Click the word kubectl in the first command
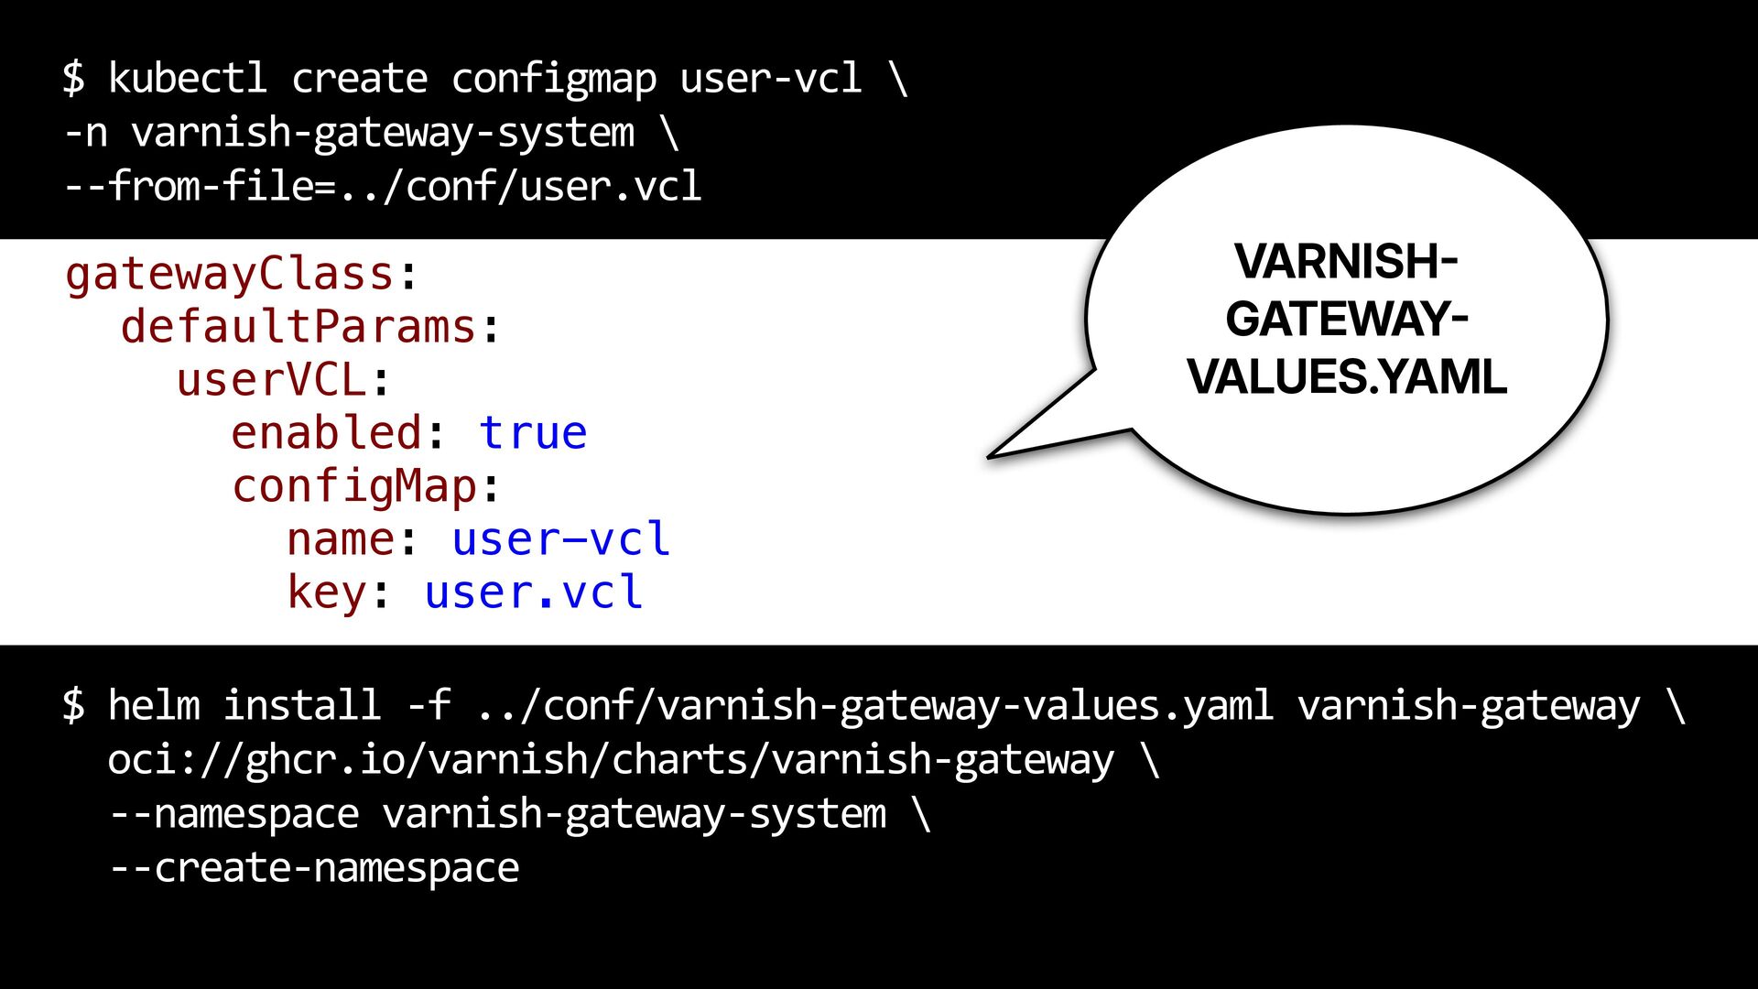tap(188, 78)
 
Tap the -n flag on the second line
tap(86, 134)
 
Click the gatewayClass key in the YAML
tap(230, 274)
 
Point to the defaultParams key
tap(298, 327)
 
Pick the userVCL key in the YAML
tap(272, 380)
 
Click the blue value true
tap(533, 433)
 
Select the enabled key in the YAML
tap(326, 433)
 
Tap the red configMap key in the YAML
tap(354, 486)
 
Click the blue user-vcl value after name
tap(561, 539)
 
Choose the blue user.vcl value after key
tap(534, 592)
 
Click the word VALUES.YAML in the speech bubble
tap(1347, 377)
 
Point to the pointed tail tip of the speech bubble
tap(989, 456)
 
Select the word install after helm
tap(302, 705)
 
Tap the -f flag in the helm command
tap(429, 705)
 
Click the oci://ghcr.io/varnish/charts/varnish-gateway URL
tap(611, 760)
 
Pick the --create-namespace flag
tap(314, 868)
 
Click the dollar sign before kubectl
tap(74, 78)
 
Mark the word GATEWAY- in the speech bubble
tap(1347, 319)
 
